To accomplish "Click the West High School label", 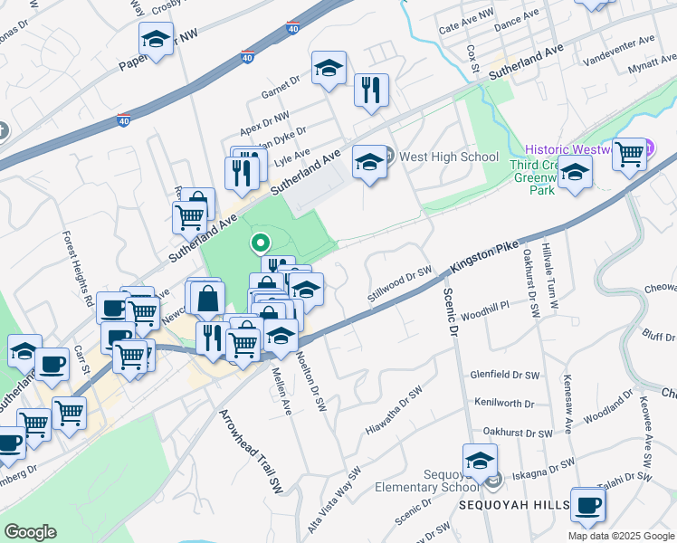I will point(449,157).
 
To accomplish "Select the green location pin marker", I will point(260,243).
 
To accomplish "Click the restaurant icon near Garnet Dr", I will point(371,90).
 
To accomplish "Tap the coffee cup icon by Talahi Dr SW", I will point(587,505).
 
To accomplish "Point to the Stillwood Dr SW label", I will point(396,284).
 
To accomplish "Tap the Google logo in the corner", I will point(31,531).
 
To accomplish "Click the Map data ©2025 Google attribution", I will point(621,536).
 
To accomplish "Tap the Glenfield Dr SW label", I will point(504,373).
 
